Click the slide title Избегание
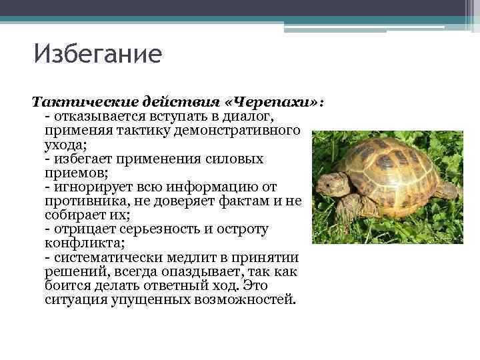click(97, 54)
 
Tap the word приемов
click(71, 173)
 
